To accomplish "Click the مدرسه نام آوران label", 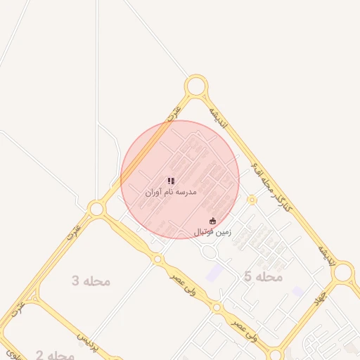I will [x=171, y=192].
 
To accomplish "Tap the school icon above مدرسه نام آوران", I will [x=171, y=181].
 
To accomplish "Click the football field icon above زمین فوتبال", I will [x=214, y=221].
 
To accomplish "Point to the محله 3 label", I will [x=91, y=281].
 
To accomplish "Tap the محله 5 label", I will [x=263, y=277].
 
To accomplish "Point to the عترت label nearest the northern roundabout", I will [x=174, y=113].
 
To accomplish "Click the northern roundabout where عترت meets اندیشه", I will [x=196, y=87].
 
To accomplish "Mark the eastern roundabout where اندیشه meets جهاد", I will [x=343, y=274].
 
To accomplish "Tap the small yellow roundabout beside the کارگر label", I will [x=252, y=200].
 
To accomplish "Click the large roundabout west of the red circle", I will [x=96, y=208].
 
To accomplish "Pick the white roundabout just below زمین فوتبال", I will [x=209, y=251].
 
